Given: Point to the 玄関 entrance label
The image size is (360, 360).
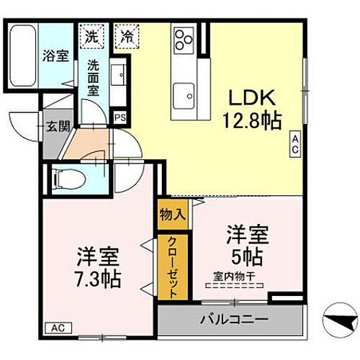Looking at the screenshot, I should [58, 127].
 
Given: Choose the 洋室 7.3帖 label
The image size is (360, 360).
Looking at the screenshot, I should [99, 266].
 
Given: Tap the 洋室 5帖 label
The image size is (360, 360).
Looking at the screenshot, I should [249, 244].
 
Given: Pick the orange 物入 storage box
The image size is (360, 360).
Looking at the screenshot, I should [174, 213].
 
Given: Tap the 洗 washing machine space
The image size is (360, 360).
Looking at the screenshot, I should [92, 34].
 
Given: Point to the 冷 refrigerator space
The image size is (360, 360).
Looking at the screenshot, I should [127, 34].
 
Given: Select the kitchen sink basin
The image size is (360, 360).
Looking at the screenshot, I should [185, 93].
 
